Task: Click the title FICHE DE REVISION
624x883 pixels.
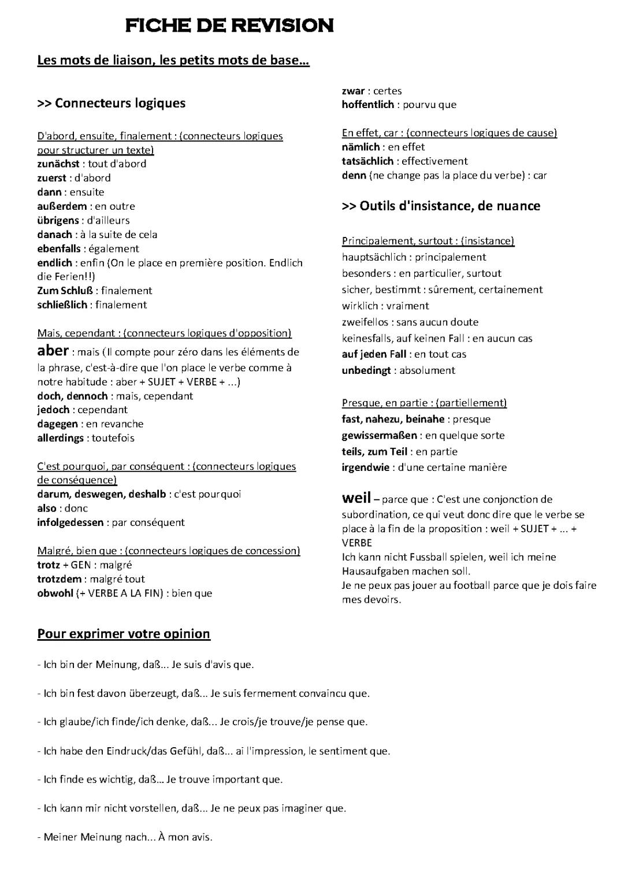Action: (x=229, y=25)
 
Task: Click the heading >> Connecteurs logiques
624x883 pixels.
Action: (x=112, y=103)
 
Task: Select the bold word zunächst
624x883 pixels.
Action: (x=58, y=164)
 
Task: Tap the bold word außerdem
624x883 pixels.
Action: (x=62, y=206)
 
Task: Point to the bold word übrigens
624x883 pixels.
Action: (x=58, y=220)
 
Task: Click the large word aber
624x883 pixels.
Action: (x=53, y=351)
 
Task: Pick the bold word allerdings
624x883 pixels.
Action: (x=60, y=438)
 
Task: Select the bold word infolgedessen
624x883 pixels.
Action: (x=70, y=522)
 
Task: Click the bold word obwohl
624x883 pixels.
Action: (x=55, y=593)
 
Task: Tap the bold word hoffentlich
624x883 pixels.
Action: (x=367, y=105)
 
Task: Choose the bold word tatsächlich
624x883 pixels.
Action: (x=367, y=161)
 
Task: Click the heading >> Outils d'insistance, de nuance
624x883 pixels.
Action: (x=441, y=206)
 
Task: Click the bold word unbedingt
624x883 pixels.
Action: (x=366, y=370)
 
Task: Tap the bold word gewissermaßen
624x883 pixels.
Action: (x=379, y=435)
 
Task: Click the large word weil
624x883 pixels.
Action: (x=356, y=498)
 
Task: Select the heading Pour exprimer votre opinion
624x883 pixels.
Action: (x=124, y=634)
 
